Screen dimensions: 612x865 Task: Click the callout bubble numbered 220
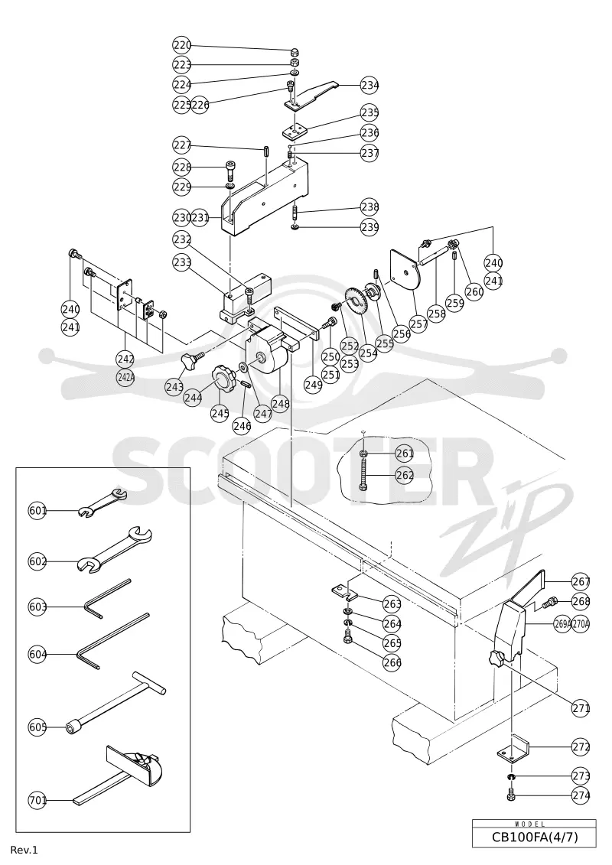pyautogui.click(x=181, y=44)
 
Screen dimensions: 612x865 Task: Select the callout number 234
pyautogui.click(x=369, y=85)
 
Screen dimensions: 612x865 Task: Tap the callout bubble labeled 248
pyautogui.click(x=280, y=404)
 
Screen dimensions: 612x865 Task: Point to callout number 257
pyautogui.click(x=419, y=324)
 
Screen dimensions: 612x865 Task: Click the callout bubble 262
pyautogui.click(x=405, y=474)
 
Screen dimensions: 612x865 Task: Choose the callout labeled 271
pyautogui.click(x=581, y=707)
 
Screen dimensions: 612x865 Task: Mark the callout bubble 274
pyautogui.click(x=581, y=795)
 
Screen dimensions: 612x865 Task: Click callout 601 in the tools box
pyautogui.click(x=37, y=511)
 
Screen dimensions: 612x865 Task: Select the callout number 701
pyautogui.click(x=37, y=800)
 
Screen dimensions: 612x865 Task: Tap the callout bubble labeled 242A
pyautogui.click(x=125, y=378)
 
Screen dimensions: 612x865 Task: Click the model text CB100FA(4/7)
pyautogui.click(x=535, y=837)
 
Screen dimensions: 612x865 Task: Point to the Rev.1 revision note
pyautogui.click(x=24, y=850)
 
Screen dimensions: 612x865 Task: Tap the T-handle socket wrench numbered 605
pyautogui.click(x=116, y=702)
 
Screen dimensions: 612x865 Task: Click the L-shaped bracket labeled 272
pyautogui.click(x=514, y=748)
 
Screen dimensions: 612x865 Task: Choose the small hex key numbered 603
pyautogui.click(x=107, y=599)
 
